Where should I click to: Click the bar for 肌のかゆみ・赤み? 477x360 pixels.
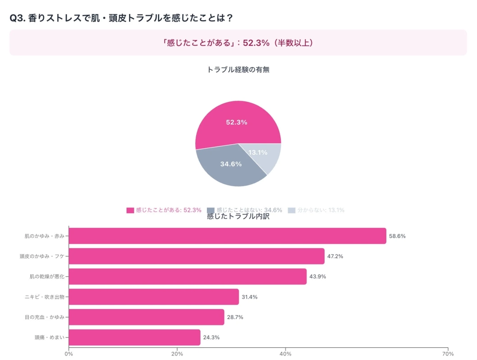tap(227, 236)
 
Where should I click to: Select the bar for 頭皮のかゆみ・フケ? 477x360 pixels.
tap(196, 256)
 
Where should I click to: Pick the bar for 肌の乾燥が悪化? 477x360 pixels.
tap(188, 276)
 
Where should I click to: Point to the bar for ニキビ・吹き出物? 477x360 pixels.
tap(154, 296)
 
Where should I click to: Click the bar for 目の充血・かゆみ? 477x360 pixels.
tap(146, 317)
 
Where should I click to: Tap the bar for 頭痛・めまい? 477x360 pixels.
tap(134, 337)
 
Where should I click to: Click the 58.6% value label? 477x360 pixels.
tap(398, 236)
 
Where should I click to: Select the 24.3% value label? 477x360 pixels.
tap(211, 337)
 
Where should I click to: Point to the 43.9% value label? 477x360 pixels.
tap(318, 276)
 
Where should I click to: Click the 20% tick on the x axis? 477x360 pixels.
tap(177, 354)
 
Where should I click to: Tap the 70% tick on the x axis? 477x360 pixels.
tap(447, 354)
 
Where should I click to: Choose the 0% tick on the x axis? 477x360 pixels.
tap(69, 354)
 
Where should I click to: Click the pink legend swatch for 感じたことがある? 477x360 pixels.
tap(130, 210)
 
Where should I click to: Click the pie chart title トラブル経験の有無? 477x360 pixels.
tap(238, 69)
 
